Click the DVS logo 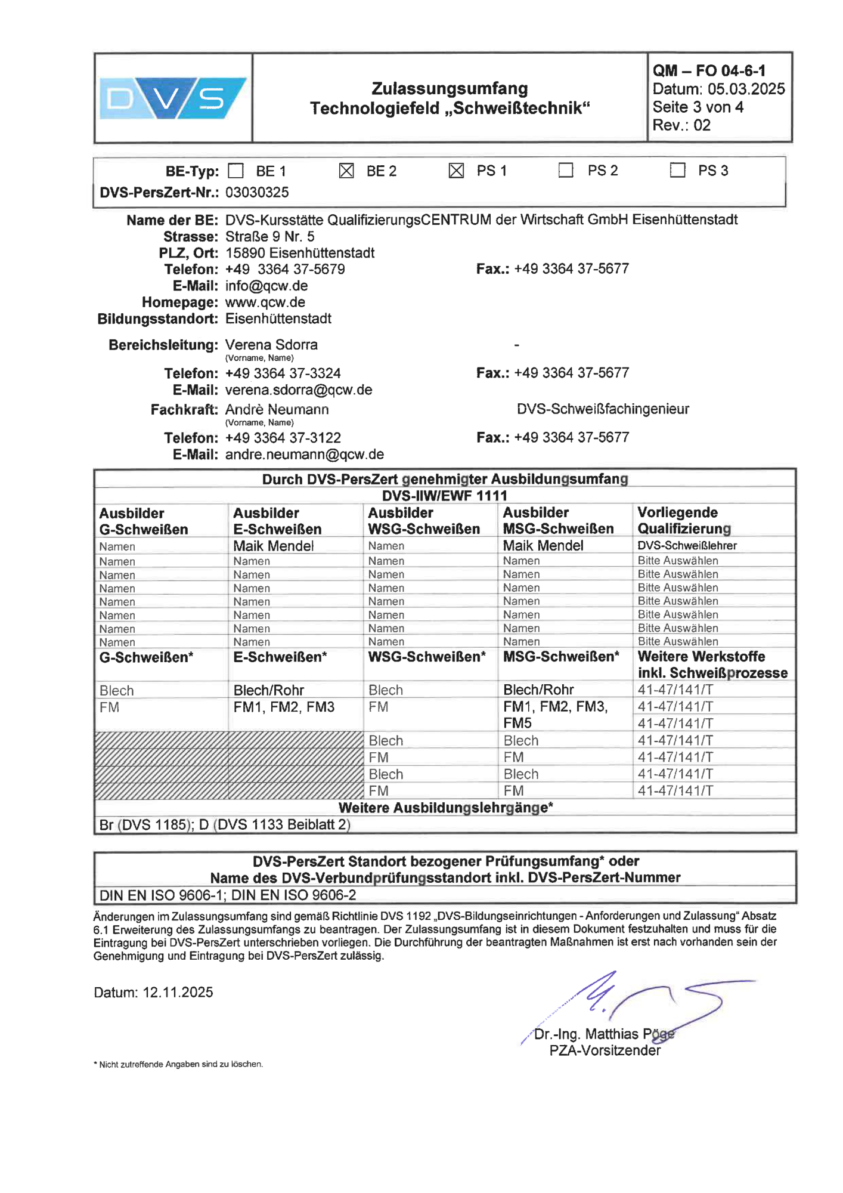coord(173,98)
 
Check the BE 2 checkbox coord(346,171)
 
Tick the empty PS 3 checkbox coord(677,171)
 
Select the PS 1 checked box coord(456,171)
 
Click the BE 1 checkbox coord(236,171)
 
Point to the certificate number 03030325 coord(257,193)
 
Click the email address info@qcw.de coord(266,286)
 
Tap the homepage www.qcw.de coord(265,302)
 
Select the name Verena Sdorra coord(271,345)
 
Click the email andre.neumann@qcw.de coord(305,455)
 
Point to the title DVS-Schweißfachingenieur coord(603,409)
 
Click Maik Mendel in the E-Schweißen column coord(274,546)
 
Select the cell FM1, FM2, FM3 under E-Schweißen coord(284,707)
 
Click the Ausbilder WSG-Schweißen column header coord(424,521)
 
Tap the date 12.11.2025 coord(178,993)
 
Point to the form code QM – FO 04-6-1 coord(709,71)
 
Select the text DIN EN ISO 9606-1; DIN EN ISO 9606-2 coord(228,895)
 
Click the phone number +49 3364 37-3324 coord(283,373)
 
